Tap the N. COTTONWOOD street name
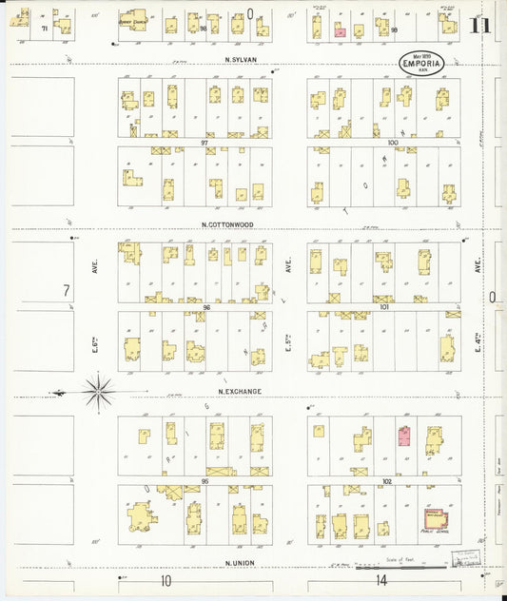[x=227, y=224]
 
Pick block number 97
[x=205, y=143]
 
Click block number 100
[x=392, y=143]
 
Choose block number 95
[x=205, y=482]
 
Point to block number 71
[x=45, y=29]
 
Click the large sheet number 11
[x=479, y=26]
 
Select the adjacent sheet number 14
[x=381, y=579]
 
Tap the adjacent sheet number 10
[x=166, y=579]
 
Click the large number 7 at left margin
[x=67, y=291]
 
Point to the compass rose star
[x=99, y=391]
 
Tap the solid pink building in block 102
[x=403, y=437]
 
